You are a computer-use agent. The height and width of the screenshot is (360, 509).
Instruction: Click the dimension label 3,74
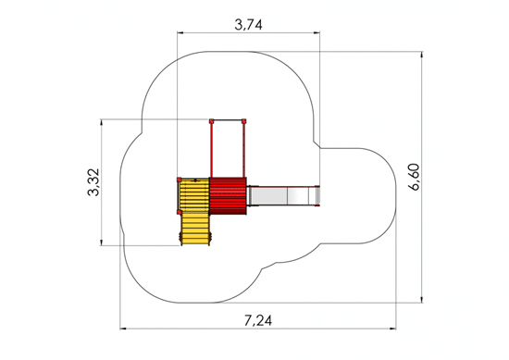tap(248, 25)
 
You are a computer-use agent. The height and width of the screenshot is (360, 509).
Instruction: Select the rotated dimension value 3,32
tap(93, 182)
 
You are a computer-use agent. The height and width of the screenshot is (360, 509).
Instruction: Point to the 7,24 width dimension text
tap(258, 321)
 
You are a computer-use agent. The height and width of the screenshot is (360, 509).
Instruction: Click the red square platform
tap(228, 196)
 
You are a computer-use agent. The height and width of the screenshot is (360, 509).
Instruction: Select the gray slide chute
tap(283, 196)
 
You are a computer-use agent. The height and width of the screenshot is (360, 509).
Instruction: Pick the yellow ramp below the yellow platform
tap(195, 230)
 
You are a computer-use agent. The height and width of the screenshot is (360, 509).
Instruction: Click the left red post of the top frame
tap(211, 150)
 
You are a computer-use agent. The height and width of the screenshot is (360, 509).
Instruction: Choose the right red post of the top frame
tap(243, 150)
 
